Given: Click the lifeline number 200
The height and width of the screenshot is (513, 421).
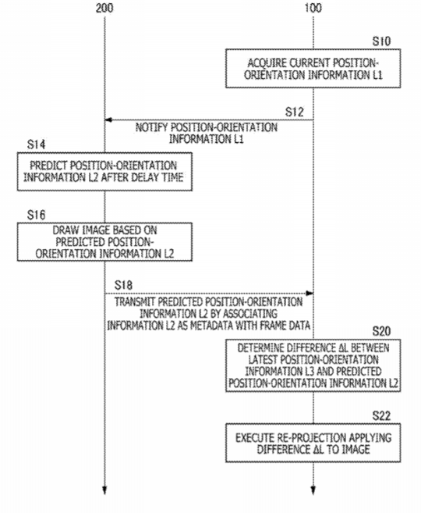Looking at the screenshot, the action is coord(104,8).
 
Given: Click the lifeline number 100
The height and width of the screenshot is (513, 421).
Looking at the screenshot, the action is coord(313,8).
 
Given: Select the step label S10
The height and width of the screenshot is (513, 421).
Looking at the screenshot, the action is coord(381,41).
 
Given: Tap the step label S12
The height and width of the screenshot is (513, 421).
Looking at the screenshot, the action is coord(294,112).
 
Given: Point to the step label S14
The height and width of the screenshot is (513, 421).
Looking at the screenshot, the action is coord(37,144).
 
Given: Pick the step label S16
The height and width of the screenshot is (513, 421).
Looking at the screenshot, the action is coord(37,215).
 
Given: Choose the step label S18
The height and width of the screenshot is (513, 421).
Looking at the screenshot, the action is coord(123,285).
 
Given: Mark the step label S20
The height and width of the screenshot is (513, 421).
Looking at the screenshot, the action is coord(381,331).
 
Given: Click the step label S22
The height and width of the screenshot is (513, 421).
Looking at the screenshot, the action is coord(381,416).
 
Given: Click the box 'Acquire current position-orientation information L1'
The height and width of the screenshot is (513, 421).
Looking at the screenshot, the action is coord(313,69).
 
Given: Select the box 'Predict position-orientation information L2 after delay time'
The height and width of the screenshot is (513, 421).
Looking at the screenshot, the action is coord(104,172).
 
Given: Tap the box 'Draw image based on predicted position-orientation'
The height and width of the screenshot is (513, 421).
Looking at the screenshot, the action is coord(104,242).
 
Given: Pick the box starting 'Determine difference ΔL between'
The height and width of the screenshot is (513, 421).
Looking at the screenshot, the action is coord(313,365).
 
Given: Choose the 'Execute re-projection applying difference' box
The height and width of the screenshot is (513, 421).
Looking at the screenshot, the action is coord(313,443).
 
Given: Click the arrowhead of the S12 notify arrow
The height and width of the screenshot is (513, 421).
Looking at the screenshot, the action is coord(108,119).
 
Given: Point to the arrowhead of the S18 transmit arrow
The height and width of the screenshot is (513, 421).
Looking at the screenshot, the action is coord(310,293).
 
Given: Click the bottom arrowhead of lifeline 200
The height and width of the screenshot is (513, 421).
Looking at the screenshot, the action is coord(104,490).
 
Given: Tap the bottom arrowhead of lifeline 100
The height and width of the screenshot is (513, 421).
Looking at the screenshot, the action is coord(313,490).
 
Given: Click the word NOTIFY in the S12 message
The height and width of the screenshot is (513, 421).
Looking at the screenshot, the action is coord(151,127).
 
